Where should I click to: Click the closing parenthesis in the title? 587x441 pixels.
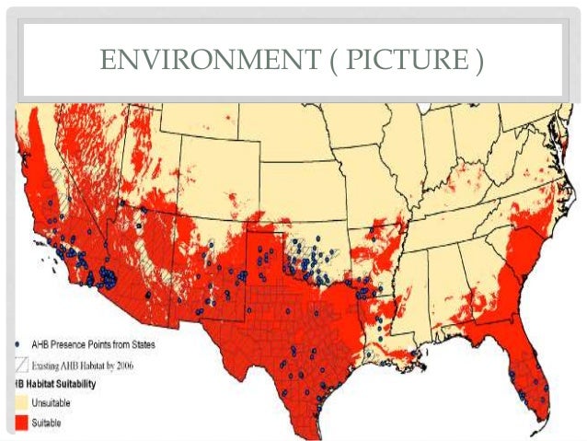click(478, 63)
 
